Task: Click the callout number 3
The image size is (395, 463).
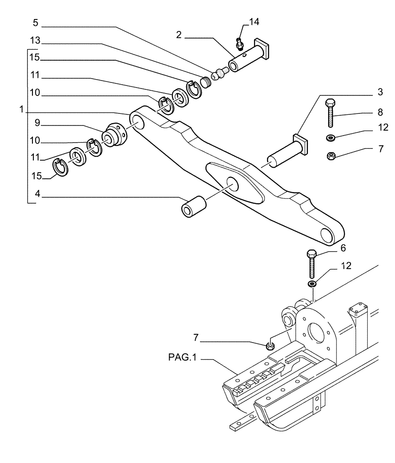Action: pos(380,92)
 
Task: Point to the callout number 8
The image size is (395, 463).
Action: pos(380,112)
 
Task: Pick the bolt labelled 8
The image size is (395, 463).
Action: pos(330,113)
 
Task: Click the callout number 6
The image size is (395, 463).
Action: pos(343,248)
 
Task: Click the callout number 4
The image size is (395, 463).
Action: pos(38,196)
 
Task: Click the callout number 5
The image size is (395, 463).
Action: pos(36,22)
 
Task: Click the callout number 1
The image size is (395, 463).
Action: pos(21,110)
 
